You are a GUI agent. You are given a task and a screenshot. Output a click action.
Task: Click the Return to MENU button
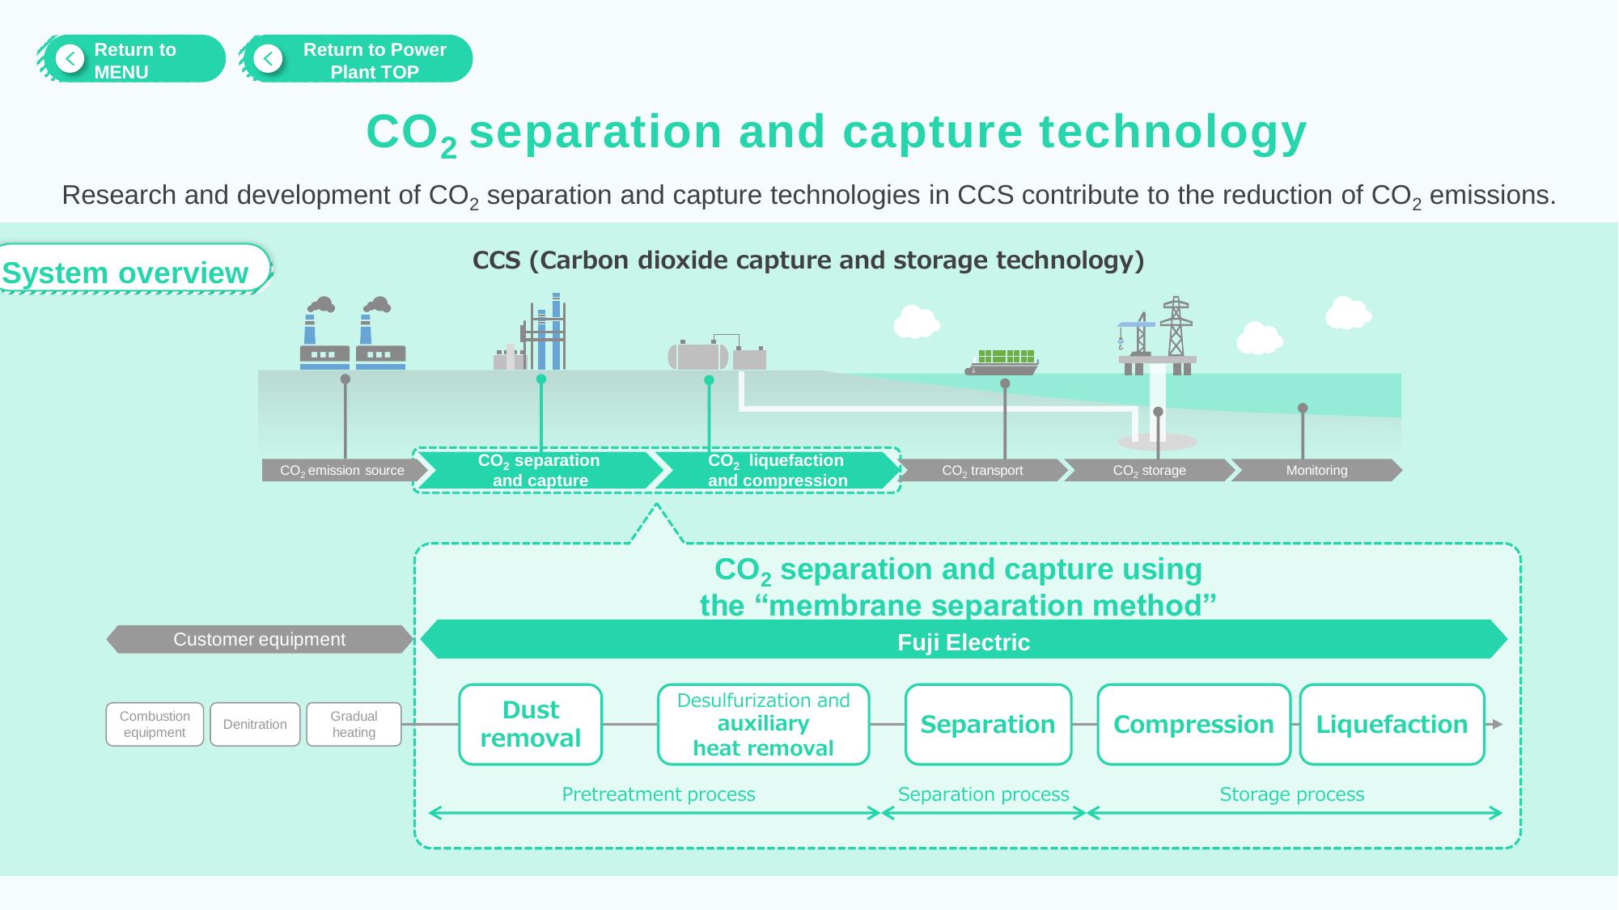(x=132, y=59)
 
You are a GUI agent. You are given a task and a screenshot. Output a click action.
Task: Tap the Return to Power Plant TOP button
(x=357, y=59)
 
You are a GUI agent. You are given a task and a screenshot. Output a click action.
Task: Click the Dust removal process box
(x=530, y=724)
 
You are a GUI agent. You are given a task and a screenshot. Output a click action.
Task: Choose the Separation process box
(x=987, y=724)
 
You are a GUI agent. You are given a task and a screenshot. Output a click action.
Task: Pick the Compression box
(x=1193, y=724)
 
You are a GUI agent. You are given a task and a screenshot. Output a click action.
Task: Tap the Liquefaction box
(x=1392, y=724)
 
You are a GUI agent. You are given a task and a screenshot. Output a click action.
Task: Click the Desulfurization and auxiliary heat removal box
(x=763, y=724)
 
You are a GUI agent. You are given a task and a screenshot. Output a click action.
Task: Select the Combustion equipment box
(x=155, y=724)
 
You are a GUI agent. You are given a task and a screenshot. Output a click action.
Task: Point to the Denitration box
(x=255, y=724)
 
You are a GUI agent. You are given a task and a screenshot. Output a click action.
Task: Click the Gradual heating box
(x=354, y=724)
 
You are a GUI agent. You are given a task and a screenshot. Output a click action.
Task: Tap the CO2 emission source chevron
(x=342, y=470)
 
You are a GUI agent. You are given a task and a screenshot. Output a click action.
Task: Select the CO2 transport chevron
(x=982, y=470)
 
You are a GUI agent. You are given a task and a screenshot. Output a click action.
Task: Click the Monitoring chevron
(x=1316, y=470)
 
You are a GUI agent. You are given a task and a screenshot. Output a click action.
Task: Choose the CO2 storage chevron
(x=1149, y=470)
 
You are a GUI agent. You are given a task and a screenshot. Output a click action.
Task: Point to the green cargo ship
(x=1002, y=362)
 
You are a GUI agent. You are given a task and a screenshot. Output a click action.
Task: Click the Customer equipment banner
(x=259, y=639)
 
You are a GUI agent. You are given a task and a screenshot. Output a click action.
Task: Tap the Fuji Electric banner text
(x=963, y=642)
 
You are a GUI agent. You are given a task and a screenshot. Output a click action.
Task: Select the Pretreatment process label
(x=658, y=794)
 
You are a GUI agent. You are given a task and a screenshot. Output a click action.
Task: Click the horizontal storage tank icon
(x=697, y=355)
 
